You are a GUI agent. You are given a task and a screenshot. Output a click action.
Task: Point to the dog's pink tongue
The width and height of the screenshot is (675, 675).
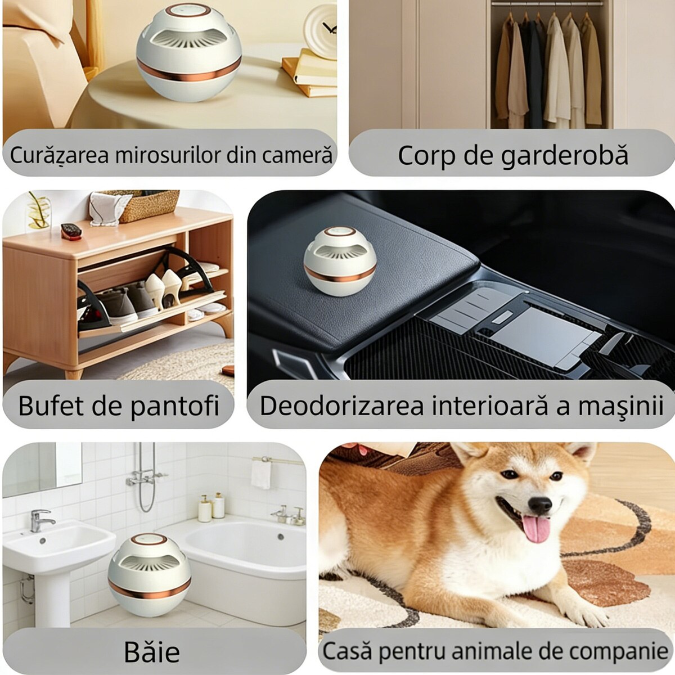[x=536, y=529]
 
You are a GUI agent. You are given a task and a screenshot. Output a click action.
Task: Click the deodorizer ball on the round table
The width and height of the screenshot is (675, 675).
[x=189, y=52]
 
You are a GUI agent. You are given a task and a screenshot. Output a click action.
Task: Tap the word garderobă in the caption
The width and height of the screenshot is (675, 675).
[x=564, y=156]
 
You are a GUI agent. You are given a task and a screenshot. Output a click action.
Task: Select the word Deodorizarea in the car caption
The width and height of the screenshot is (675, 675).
[x=342, y=406]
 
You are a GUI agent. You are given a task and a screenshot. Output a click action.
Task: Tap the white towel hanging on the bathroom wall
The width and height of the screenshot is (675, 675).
[x=260, y=474]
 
